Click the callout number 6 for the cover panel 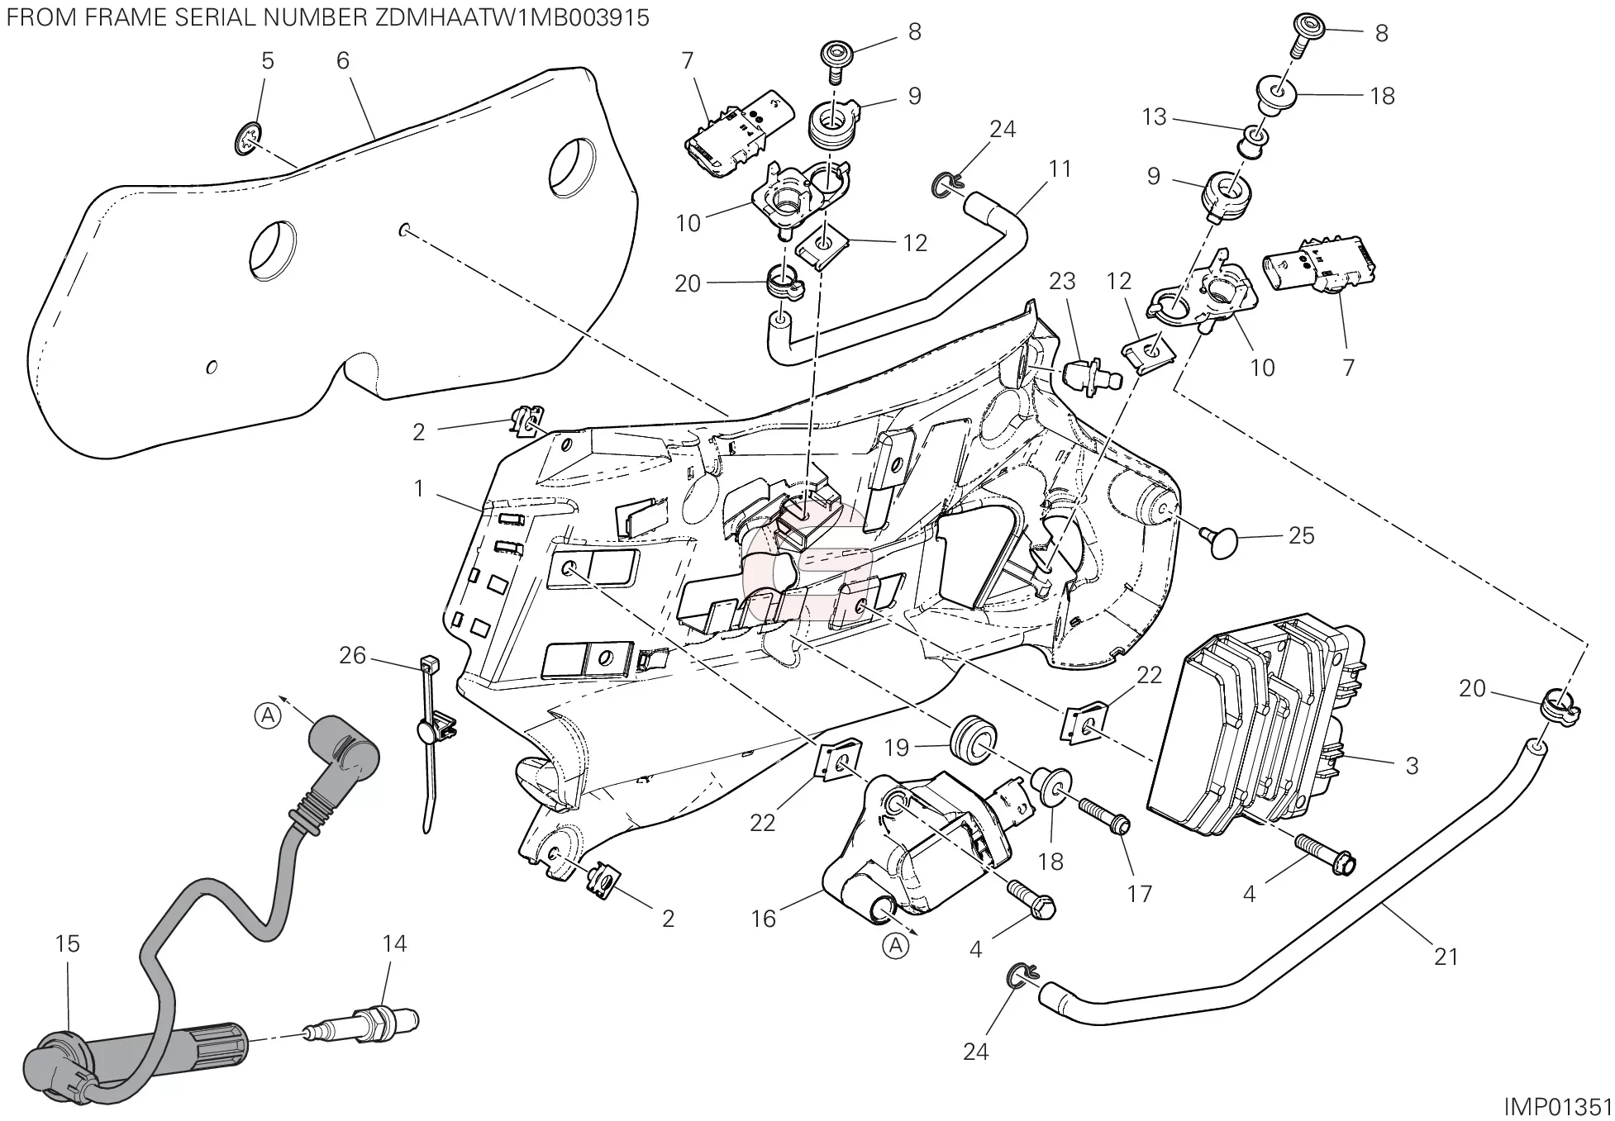tap(343, 60)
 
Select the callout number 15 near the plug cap tap(68, 943)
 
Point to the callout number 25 tap(1301, 535)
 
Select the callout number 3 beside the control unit tap(1412, 766)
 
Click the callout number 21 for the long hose tap(1446, 957)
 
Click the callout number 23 tap(1062, 282)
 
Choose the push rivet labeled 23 tap(1089, 377)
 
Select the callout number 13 tap(1154, 117)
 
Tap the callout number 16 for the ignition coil tap(763, 919)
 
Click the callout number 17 tap(1140, 893)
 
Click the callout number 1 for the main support tap(419, 489)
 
